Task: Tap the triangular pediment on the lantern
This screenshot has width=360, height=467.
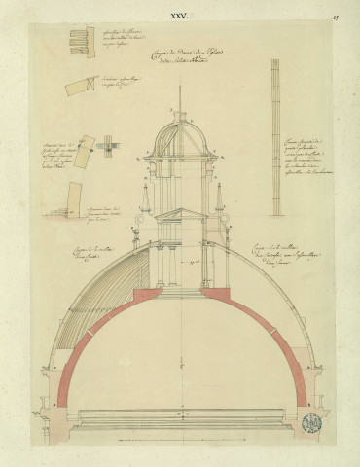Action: click(x=181, y=214)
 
